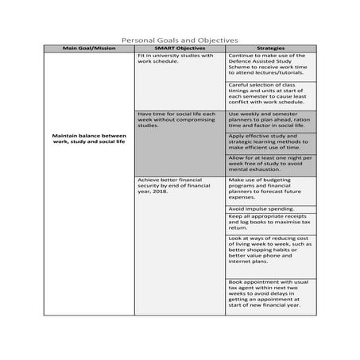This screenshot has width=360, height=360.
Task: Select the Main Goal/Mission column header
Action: click(x=88, y=48)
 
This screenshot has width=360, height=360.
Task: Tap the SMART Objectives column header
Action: click(x=180, y=48)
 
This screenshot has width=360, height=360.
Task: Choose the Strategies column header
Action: click(x=271, y=48)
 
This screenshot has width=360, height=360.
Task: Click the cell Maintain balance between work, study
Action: click(x=88, y=139)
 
